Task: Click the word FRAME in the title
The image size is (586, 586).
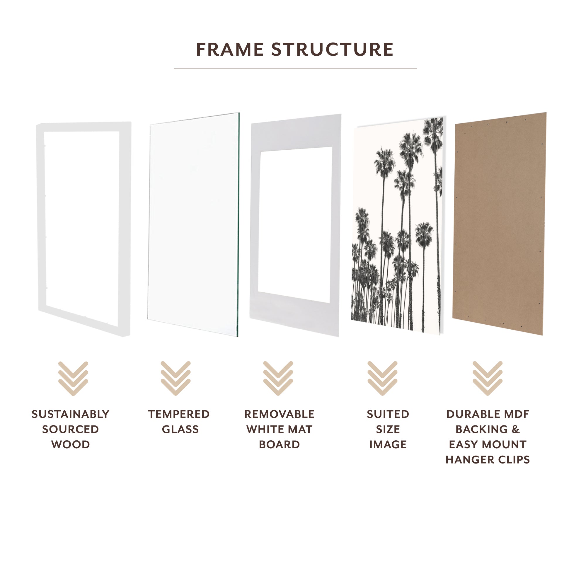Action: (x=230, y=50)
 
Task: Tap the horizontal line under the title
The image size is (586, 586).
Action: (x=295, y=69)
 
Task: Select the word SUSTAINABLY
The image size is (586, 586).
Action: (x=70, y=414)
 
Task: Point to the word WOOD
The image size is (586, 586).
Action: (x=70, y=445)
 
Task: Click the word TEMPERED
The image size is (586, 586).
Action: (x=179, y=414)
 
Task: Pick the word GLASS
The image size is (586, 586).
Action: (x=180, y=430)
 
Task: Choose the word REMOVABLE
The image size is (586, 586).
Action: (x=279, y=414)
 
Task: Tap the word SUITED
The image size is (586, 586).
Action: (x=388, y=414)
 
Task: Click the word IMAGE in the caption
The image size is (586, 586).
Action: (x=388, y=445)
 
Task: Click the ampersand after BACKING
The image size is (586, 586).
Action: (x=516, y=430)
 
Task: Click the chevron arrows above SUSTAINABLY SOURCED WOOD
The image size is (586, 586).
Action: (x=73, y=378)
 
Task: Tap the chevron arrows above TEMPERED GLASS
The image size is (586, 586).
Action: (x=176, y=378)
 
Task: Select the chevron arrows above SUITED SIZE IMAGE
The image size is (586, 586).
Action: (x=382, y=378)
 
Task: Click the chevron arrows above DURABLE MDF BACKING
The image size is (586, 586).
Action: (x=488, y=378)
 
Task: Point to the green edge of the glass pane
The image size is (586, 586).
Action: (x=239, y=224)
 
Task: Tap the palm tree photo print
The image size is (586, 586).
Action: (x=397, y=224)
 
